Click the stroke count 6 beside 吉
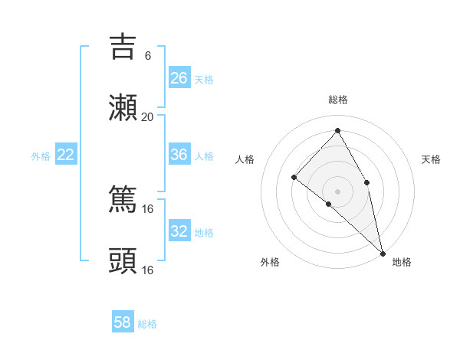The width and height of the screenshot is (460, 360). tap(148, 55)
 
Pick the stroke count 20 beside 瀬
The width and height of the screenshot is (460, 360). tap(148, 117)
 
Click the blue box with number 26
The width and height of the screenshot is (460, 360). tap(179, 77)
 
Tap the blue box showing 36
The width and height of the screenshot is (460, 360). tap(179, 155)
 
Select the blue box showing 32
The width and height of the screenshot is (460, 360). tap(179, 231)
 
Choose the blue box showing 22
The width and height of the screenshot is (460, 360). tap(66, 155)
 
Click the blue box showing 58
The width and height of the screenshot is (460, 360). tap(123, 322)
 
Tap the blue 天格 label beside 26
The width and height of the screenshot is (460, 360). tap(204, 79)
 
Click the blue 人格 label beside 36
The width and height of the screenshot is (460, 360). tap(204, 156)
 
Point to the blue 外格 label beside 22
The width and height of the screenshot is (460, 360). tap(41, 156)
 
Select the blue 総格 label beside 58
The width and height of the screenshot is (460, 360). tap(147, 324)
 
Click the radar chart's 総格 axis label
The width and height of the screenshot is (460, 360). tap(338, 100)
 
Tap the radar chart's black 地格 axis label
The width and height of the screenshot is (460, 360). tap(402, 262)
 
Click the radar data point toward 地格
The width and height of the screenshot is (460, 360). tap(383, 252)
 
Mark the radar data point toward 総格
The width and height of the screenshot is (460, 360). tap(338, 130)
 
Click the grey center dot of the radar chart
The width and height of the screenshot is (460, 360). tap(338, 191)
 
